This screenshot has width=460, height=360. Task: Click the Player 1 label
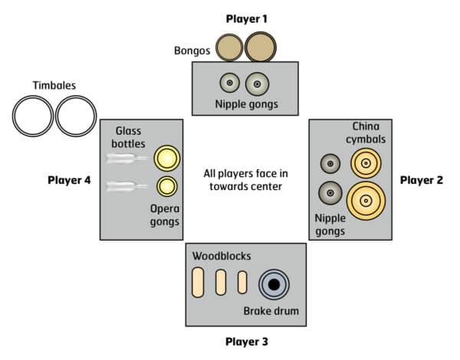246,18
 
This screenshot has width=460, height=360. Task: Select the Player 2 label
422,180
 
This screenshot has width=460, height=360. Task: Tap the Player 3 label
246,341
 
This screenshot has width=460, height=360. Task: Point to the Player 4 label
69,181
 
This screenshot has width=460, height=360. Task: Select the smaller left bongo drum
228,48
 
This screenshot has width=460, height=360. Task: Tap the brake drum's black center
273,284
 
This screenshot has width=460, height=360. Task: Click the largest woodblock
198,283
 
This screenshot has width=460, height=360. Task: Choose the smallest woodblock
242,283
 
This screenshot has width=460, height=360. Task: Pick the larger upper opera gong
166,159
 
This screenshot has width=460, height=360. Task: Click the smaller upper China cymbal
366,163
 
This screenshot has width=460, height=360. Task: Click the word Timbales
54,87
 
